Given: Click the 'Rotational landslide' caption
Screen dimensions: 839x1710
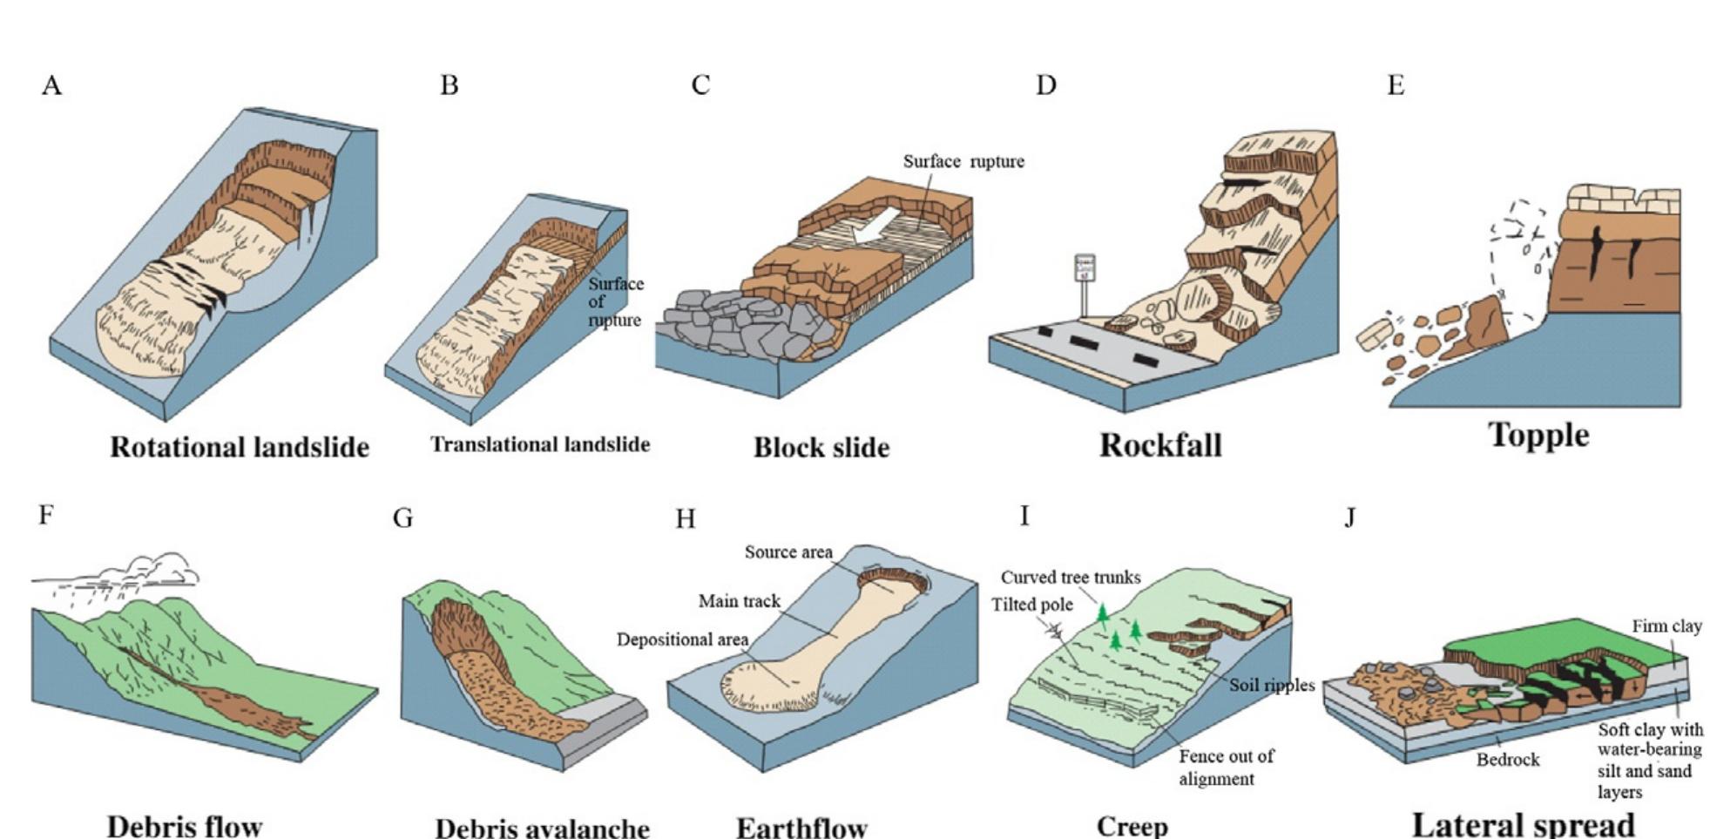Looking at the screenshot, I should (x=240, y=447).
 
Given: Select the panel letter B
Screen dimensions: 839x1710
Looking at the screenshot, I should (x=449, y=85).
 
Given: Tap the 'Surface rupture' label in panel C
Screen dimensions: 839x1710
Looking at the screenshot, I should (x=963, y=161).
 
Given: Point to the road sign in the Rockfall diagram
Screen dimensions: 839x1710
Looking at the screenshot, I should (x=1085, y=269).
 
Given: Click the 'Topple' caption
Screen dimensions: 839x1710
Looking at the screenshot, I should (x=1538, y=435).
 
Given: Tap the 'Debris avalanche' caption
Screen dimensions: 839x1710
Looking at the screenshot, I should (x=542, y=827).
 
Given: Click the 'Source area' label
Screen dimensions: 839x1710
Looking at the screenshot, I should (x=788, y=552).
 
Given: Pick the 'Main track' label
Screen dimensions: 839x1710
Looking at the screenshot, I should (x=740, y=601).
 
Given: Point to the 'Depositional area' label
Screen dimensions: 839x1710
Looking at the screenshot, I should (x=682, y=639).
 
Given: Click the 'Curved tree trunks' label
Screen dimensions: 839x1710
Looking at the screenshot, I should (x=1071, y=577).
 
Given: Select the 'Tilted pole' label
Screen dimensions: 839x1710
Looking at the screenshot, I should (x=1032, y=605).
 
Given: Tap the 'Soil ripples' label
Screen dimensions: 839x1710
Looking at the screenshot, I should (x=1272, y=685).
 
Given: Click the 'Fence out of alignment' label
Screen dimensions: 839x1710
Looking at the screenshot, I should (x=1226, y=767).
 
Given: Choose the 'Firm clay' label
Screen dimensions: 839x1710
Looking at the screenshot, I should (x=1666, y=626).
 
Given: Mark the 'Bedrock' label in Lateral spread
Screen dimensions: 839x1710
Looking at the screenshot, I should (x=1508, y=760).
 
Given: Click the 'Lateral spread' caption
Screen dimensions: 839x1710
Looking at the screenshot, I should (x=1523, y=823).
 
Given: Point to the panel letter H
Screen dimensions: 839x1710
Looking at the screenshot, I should (x=686, y=519).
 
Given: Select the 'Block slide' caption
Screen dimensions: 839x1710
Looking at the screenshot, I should (x=821, y=447).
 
